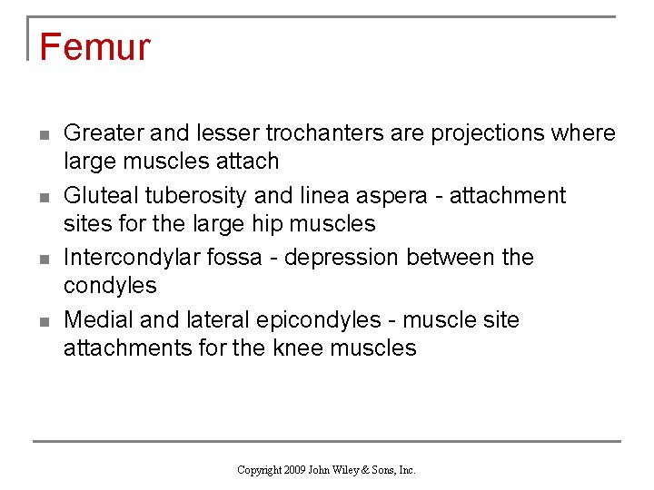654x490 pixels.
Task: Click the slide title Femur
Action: (x=94, y=47)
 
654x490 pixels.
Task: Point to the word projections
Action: (x=490, y=133)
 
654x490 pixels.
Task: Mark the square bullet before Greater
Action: (x=43, y=134)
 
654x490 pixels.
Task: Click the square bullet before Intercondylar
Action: (x=43, y=259)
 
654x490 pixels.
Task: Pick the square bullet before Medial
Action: (x=43, y=321)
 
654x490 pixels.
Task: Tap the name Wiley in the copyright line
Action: (x=350, y=470)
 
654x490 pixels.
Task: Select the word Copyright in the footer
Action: (x=258, y=470)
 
